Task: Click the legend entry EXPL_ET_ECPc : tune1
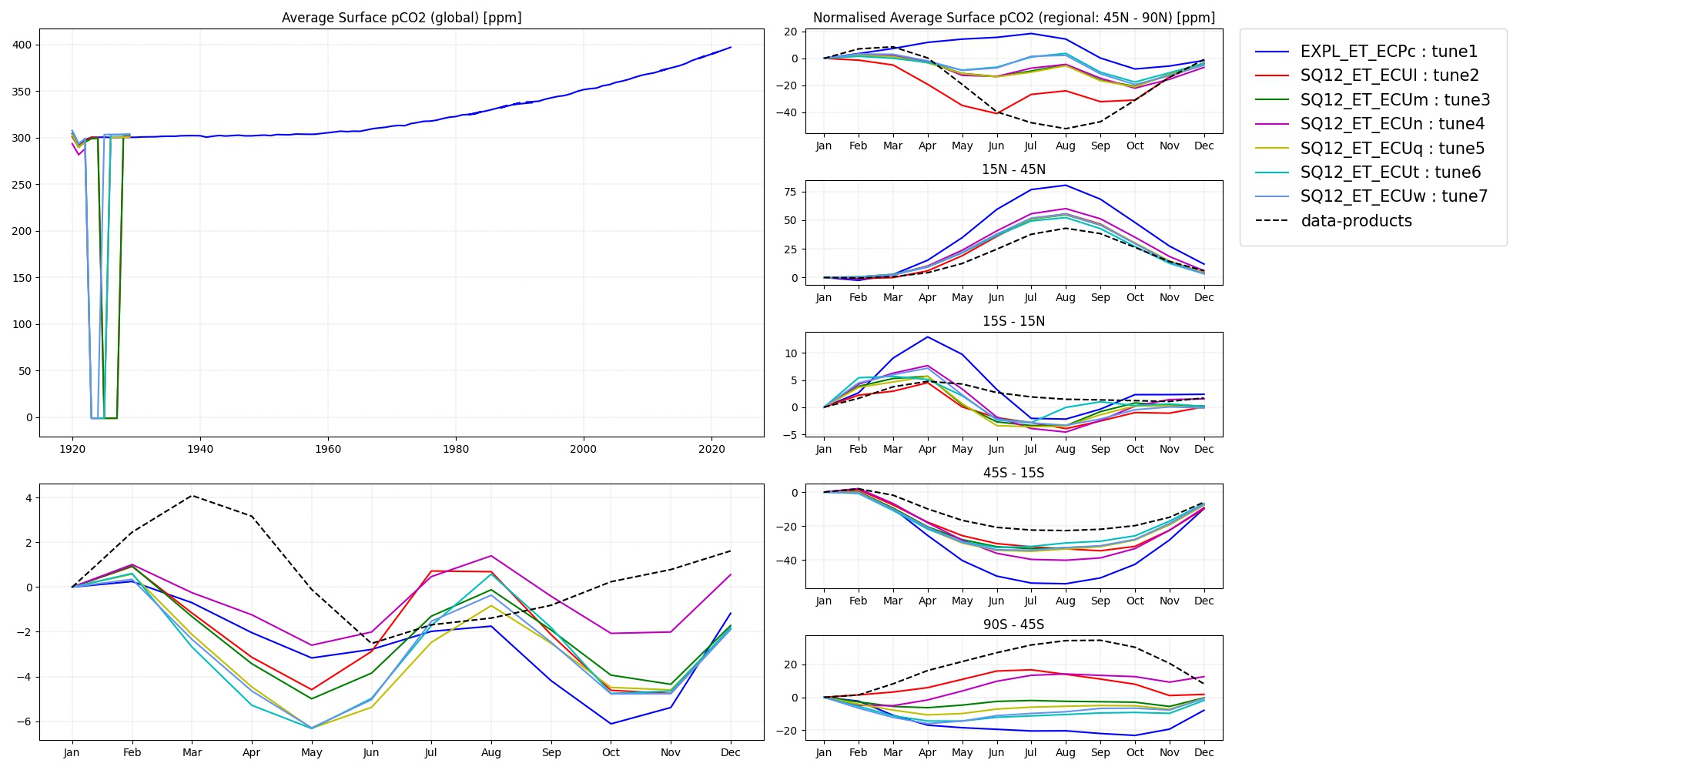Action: click(1388, 52)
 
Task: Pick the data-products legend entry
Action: click(1356, 221)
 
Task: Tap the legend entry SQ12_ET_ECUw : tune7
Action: click(1394, 196)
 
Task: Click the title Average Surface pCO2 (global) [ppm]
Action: click(401, 18)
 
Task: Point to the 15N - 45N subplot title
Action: click(1013, 169)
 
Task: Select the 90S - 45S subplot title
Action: click(1013, 624)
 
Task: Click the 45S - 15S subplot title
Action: click(1013, 473)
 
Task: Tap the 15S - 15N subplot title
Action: click(1013, 321)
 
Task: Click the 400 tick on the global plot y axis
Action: click(22, 45)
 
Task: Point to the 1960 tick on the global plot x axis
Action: click(328, 449)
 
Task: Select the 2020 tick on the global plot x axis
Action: click(711, 449)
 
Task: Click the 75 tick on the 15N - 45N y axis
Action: click(791, 192)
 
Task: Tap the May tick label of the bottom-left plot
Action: click(312, 752)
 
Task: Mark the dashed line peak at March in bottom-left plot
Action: click(192, 496)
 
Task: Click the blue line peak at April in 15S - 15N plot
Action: click(928, 337)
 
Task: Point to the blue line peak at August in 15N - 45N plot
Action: click(1066, 185)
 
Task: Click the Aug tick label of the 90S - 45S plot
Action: click(1066, 752)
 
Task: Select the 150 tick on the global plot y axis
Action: click(22, 278)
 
